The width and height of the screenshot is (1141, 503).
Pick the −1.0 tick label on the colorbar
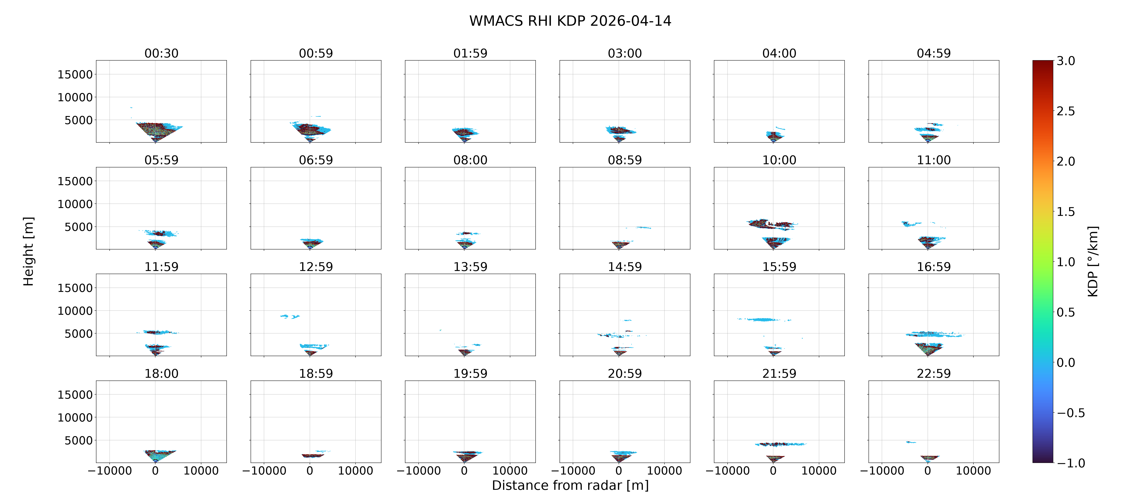[1071, 463]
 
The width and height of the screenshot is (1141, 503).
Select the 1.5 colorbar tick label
[1066, 212]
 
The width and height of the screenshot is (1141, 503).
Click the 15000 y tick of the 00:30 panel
[75, 74]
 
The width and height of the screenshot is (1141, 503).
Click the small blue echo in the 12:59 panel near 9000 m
[290, 316]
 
